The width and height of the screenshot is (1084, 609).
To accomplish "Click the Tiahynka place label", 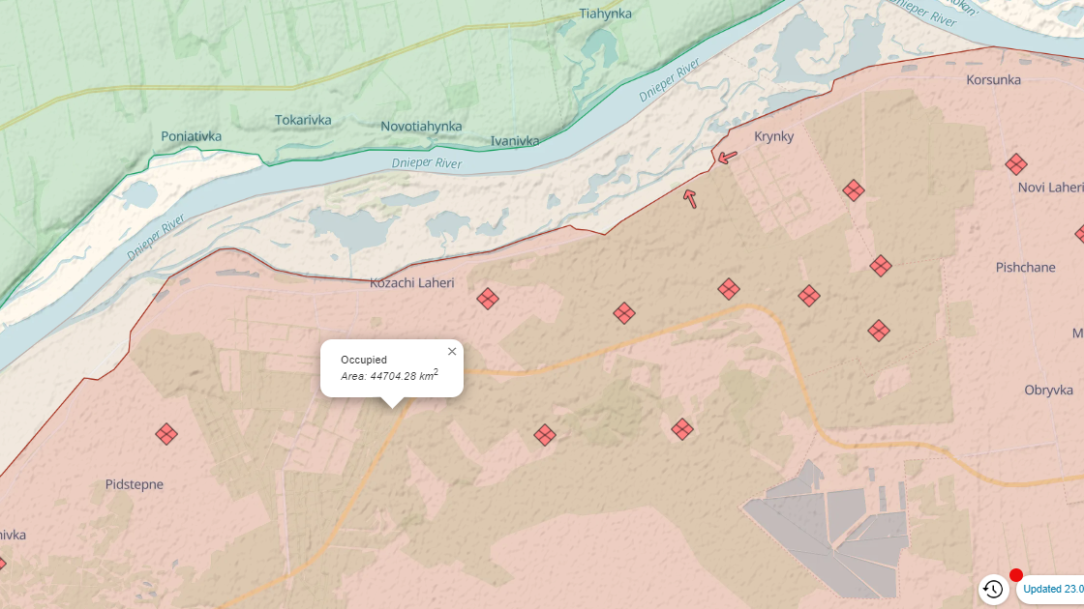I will click(605, 14).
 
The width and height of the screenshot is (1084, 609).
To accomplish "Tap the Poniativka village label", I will click(191, 136).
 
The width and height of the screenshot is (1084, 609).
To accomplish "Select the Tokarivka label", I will click(303, 120).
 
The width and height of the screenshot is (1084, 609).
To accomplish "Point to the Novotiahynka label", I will click(421, 127).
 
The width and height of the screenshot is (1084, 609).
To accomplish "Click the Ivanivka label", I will click(515, 141).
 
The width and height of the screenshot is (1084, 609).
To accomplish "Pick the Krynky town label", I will click(773, 136).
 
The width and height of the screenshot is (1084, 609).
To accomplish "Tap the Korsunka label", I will click(993, 80).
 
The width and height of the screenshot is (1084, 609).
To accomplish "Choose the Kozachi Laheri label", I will click(411, 283).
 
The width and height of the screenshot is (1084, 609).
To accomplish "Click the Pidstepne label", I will click(135, 484).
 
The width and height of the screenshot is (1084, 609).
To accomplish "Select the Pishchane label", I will click(1025, 267).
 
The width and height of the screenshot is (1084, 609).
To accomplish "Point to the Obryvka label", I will click(1048, 390).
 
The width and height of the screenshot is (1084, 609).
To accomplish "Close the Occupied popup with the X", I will click(452, 352).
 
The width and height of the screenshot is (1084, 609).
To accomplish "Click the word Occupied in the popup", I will click(364, 360).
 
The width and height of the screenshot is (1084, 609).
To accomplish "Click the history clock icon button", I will click(993, 589).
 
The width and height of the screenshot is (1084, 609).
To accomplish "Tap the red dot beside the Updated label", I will click(1016, 575).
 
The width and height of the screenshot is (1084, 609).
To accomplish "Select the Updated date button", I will click(1053, 589).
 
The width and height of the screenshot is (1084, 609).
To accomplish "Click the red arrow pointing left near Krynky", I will click(727, 157).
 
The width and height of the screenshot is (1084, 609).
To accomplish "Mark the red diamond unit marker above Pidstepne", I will click(166, 434).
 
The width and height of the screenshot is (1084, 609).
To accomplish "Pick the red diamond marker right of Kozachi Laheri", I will click(488, 299).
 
